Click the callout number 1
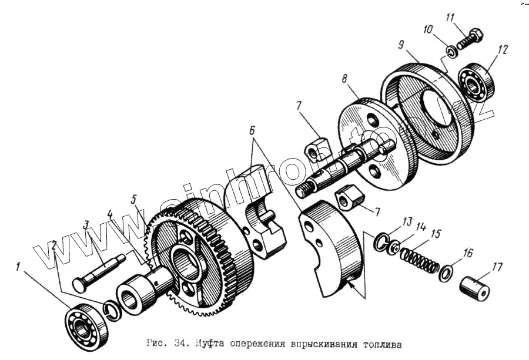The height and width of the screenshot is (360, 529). point(19,268)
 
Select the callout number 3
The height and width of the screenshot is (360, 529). point(86,224)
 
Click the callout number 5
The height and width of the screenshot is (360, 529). point(135,199)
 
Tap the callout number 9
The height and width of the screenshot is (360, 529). point(400,45)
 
